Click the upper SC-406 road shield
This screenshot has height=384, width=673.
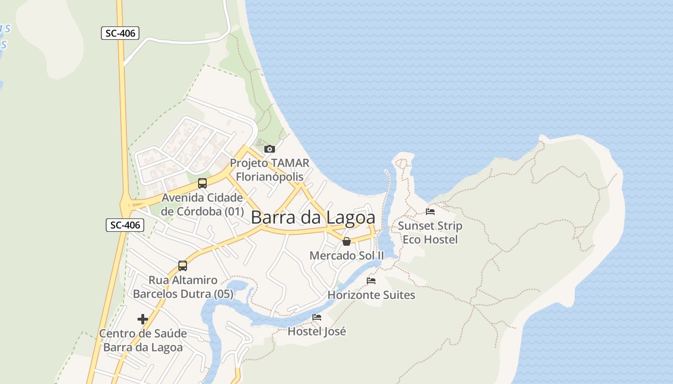120,33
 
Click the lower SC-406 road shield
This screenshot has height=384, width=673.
125,225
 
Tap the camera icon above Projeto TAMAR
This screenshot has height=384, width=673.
270,149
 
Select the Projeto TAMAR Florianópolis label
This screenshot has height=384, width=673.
269,170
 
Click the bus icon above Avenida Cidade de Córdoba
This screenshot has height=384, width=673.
202,183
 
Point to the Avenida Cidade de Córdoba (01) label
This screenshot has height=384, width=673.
202,204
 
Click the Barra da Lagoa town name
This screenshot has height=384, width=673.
313,217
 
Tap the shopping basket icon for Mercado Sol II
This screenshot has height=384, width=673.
346,241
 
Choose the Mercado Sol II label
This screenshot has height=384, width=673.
347,255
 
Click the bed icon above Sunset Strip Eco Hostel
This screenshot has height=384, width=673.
430,211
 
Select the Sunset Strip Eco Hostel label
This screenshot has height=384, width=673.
430,232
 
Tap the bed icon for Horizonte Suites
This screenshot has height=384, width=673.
371,281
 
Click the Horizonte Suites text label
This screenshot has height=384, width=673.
371,295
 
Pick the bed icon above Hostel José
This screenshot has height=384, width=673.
317,317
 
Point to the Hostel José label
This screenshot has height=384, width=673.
317,331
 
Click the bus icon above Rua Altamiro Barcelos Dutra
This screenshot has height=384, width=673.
183,265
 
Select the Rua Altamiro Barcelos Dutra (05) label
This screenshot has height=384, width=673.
183,287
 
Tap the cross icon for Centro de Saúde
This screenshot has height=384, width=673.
143,319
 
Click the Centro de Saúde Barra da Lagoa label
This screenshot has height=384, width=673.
143,340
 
